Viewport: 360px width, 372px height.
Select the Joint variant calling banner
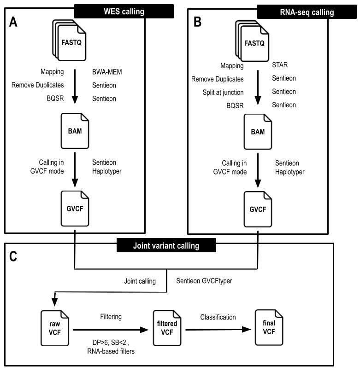point(165,245)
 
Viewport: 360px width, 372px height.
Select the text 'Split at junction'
point(224,92)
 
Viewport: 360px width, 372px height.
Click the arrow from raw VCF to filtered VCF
point(110,330)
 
